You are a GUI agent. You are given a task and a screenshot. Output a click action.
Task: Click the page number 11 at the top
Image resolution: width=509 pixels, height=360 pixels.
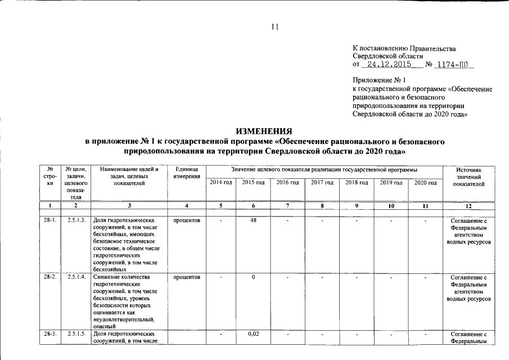click(275, 26)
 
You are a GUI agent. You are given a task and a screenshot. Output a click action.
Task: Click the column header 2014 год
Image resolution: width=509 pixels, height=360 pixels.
click(220, 183)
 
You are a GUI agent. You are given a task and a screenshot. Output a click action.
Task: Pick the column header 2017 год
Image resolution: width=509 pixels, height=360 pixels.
click(322, 183)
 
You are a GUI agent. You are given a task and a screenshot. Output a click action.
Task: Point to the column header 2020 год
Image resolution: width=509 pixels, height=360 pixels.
click(425, 183)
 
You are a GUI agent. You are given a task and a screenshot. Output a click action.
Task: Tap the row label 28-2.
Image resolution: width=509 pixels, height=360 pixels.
click(50, 277)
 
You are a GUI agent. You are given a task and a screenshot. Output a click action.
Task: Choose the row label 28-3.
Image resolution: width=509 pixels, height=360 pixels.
click(50, 335)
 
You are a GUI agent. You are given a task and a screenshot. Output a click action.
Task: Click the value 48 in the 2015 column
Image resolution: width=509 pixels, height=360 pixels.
click(253, 220)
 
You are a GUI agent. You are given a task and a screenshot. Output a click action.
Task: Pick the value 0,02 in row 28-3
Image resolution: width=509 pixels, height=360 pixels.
click(253, 335)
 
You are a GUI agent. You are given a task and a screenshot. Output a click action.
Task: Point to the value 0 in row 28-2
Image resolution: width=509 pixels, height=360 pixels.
click(253, 277)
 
